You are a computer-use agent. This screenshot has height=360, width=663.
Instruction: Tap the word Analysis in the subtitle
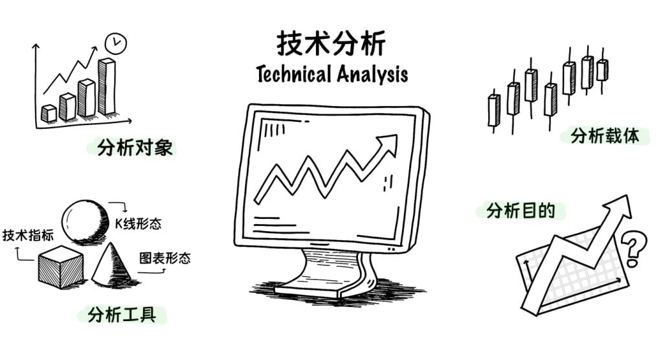[x=372, y=74]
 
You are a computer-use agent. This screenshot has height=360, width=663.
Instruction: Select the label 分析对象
[x=135, y=148]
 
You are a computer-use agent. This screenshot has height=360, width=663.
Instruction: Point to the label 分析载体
[x=605, y=135]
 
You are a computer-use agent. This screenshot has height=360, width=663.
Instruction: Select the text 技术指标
[x=28, y=235]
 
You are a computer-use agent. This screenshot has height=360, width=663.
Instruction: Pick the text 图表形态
[x=165, y=258]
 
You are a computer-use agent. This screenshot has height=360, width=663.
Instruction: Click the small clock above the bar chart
[x=115, y=43]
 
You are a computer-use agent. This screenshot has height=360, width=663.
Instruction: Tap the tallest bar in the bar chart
[x=107, y=86]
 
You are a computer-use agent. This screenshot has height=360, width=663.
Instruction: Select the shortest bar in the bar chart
[x=49, y=113]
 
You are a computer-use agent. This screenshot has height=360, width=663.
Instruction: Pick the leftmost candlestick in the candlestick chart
[x=493, y=111]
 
